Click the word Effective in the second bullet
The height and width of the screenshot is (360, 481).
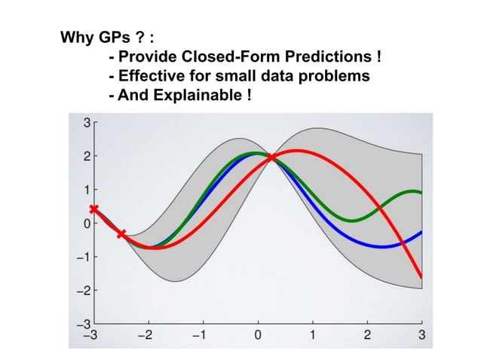pos(150,76)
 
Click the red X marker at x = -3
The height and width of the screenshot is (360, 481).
pos(93,209)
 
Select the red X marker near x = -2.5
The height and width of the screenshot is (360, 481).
pos(121,234)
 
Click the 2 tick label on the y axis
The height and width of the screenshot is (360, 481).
pos(87,157)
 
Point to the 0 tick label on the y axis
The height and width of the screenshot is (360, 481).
pos(87,224)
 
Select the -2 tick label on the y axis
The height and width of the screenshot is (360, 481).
pos(84,291)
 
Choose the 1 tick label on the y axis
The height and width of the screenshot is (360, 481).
pos(87,190)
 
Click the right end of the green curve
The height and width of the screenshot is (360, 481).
pos(421,194)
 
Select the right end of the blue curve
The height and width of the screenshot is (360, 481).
pos(421,233)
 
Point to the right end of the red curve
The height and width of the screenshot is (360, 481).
pos(421,276)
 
